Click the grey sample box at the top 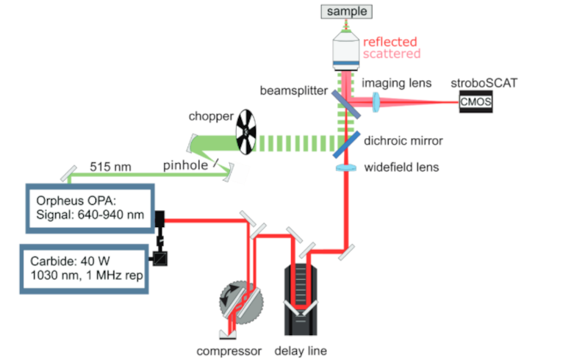point(347,11)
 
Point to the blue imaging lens point(378,103)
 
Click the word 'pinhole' point(182,167)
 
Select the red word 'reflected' point(390,42)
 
